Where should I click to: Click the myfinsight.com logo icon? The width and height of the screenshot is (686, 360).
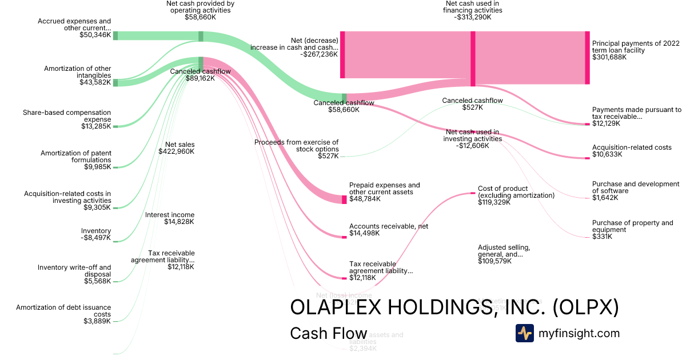click(x=524, y=333)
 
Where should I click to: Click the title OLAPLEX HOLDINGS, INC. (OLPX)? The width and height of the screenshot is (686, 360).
click(x=454, y=307)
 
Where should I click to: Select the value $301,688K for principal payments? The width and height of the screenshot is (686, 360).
click(x=609, y=58)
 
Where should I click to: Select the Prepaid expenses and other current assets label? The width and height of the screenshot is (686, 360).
click(x=384, y=189)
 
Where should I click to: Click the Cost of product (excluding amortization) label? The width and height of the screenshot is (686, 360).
click(x=516, y=192)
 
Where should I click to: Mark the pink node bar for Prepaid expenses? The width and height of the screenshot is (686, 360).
click(x=344, y=199)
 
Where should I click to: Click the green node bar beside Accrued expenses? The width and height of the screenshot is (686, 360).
click(x=115, y=35)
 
